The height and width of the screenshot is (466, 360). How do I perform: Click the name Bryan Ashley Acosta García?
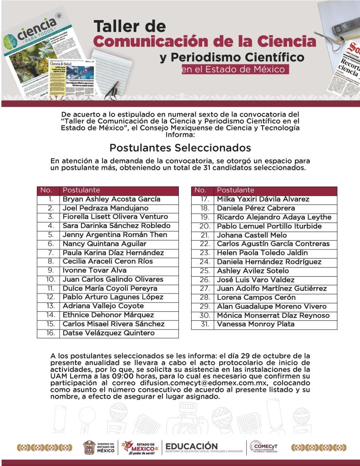112,199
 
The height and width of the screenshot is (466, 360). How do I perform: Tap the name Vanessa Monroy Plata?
256,324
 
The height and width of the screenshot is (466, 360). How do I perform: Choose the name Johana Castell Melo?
252,235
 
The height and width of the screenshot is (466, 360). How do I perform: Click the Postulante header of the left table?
81,190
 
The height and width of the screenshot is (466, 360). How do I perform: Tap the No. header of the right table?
200,190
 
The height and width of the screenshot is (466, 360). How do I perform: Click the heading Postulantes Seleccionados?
180,148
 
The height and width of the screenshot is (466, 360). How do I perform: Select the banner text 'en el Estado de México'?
234,70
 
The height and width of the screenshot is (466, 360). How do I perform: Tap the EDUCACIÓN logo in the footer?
192,446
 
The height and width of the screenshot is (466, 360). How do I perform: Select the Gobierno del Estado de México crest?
89,448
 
